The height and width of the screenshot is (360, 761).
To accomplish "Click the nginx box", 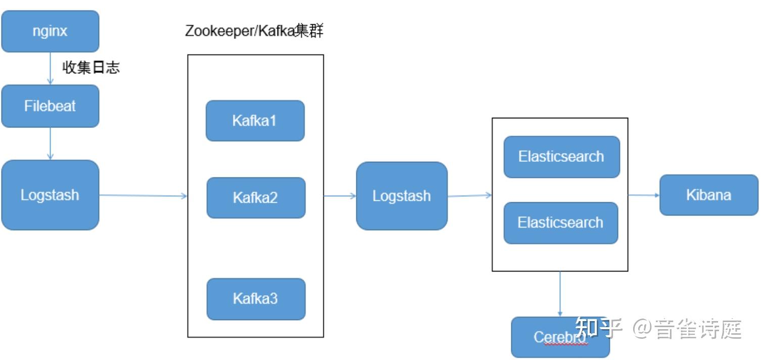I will [x=50, y=31].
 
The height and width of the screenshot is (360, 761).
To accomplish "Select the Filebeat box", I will [x=50, y=106].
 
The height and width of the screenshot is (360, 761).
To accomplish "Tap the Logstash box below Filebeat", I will [x=50, y=195].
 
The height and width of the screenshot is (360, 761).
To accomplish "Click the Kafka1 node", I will [x=255, y=121].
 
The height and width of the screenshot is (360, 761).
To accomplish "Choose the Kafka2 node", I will [x=256, y=198].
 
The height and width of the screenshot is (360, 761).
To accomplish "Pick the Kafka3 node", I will [x=256, y=299].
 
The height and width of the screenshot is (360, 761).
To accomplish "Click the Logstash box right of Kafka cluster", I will [x=402, y=196].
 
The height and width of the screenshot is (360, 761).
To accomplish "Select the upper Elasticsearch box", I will [x=561, y=157].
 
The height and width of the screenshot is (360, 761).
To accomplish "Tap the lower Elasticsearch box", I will [x=560, y=223].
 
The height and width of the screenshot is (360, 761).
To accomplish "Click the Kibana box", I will [x=708, y=195].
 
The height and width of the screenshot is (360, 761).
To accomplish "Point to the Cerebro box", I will [x=560, y=337].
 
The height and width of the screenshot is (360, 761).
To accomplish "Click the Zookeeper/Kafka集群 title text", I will [x=254, y=31].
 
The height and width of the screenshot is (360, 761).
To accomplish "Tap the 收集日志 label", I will [x=91, y=68].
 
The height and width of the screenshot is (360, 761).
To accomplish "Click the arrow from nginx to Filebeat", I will [x=50, y=68].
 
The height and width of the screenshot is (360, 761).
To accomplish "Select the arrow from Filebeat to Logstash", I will [x=50, y=144].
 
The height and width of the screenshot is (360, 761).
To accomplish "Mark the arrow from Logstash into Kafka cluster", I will [x=144, y=196].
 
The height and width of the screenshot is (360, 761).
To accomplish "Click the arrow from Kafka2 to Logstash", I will [x=340, y=196].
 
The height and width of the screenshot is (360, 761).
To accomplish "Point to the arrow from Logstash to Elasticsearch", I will [x=469, y=196].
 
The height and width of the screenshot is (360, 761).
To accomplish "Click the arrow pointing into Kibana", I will [x=643, y=195].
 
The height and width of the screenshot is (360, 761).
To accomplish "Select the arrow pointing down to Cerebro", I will [x=560, y=294].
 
